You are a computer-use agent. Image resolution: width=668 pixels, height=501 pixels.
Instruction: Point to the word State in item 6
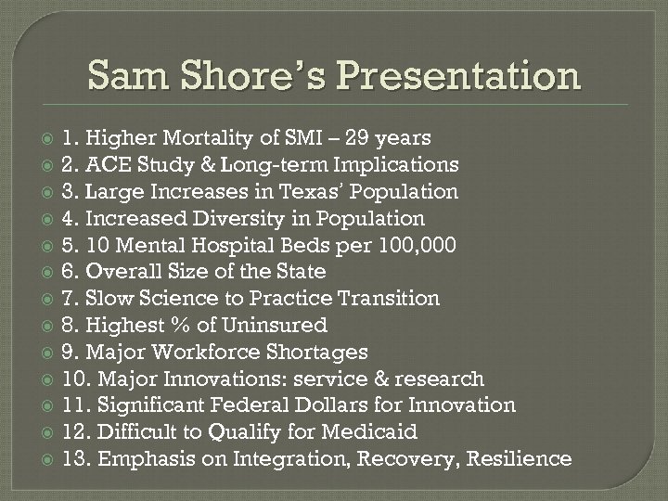[302, 272]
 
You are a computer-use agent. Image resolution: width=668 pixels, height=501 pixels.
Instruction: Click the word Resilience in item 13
[522, 459]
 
